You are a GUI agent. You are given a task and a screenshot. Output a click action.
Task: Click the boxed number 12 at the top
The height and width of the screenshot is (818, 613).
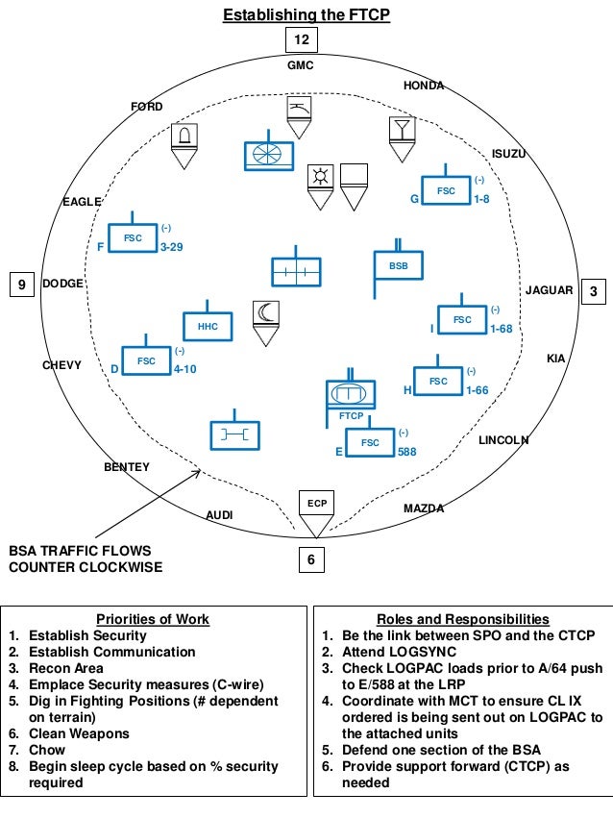tap(303, 39)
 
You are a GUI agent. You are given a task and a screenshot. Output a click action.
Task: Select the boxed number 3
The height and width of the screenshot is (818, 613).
tap(593, 291)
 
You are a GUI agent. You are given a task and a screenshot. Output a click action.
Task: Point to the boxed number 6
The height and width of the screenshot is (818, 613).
tap(310, 558)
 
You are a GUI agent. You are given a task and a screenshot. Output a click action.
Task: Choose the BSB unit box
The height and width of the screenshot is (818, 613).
tap(398, 265)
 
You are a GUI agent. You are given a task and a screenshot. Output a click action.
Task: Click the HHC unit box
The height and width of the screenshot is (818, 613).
tap(208, 327)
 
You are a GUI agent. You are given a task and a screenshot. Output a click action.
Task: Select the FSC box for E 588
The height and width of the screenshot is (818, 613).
tap(370, 442)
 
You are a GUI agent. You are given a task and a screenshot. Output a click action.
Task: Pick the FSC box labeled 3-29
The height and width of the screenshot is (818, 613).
tap(132, 236)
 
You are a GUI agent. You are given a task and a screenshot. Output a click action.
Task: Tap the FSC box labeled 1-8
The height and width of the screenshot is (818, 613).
tap(446, 190)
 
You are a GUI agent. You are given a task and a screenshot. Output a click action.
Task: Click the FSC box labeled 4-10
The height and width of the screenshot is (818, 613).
tap(146, 360)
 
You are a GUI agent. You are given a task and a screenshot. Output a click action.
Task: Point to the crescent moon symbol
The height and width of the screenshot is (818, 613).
tap(265, 312)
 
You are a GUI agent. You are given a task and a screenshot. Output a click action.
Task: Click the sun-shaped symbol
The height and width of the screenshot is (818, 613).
tap(319, 176)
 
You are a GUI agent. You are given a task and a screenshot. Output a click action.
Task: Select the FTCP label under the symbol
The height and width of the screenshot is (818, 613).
tap(351, 416)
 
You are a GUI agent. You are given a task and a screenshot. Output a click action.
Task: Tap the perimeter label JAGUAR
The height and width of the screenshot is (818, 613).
tap(549, 290)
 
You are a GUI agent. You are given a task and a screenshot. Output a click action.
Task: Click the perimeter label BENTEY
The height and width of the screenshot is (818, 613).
tap(127, 467)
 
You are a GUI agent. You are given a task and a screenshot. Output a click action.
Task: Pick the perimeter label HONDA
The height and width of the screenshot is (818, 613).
tap(423, 86)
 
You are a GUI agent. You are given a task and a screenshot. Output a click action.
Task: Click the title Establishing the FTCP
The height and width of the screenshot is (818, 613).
tap(306, 14)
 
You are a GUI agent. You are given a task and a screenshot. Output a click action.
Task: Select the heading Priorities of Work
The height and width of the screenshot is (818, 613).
tap(153, 619)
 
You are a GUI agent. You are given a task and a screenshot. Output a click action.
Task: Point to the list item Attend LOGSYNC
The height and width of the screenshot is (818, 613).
tap(390, 652)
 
